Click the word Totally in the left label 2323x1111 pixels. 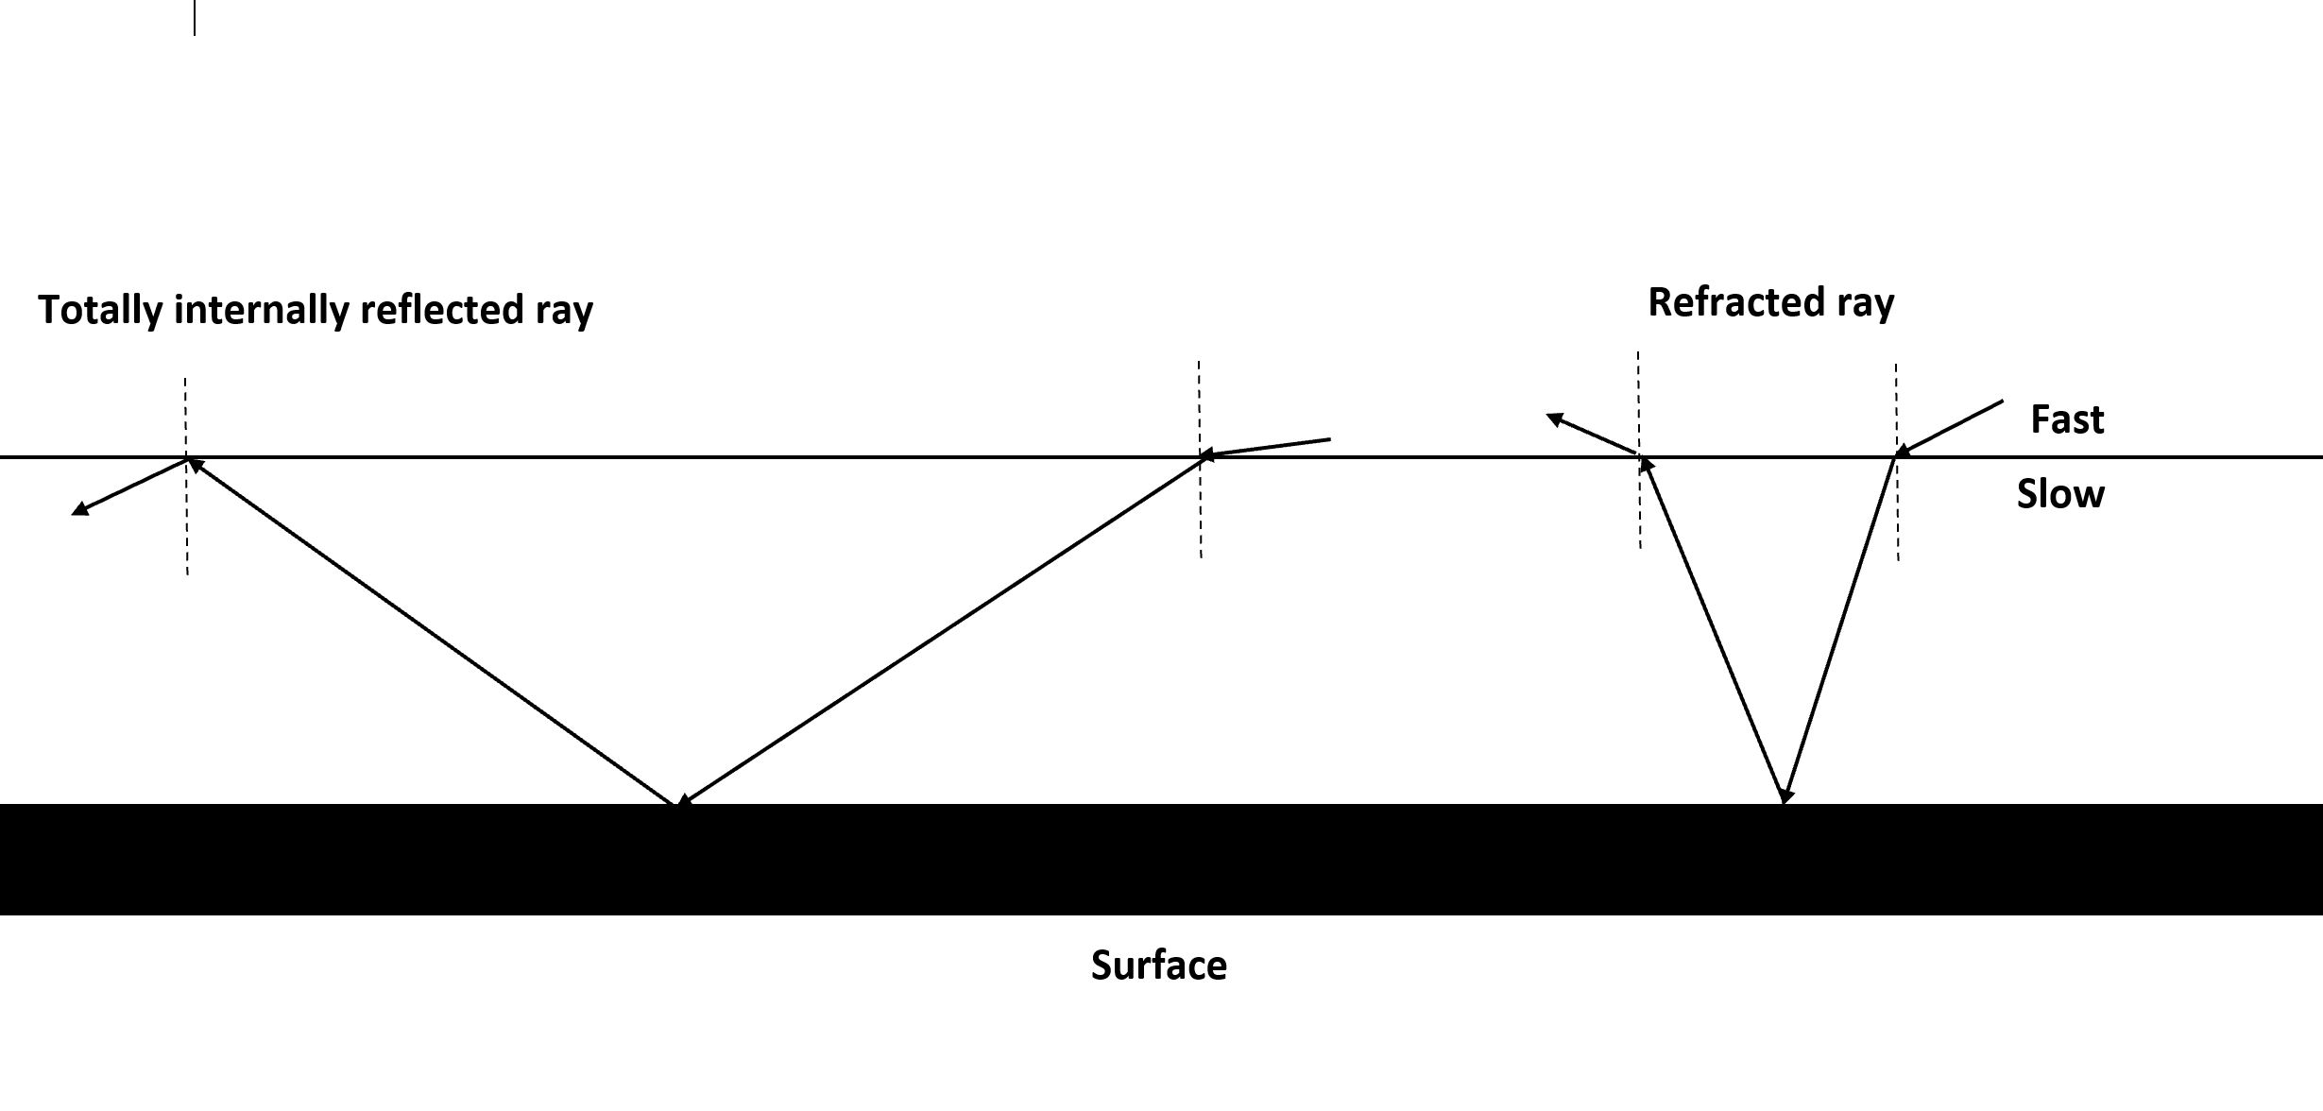(100, 310)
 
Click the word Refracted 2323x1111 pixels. (1734, 303)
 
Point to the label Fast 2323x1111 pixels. (2067, 419)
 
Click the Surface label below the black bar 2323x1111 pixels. (1158, 966)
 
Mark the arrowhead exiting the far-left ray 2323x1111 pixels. (80, 510)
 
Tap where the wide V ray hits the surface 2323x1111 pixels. (679, 802)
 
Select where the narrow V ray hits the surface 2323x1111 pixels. (1784, 798)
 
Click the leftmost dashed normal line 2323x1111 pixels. (186, 529)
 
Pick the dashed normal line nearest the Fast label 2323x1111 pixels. (1897, 510)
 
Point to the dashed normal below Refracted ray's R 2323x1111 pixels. (1639, 397)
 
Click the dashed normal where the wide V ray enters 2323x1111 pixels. (1200, 510)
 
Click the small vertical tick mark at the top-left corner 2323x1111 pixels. (195, 17)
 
